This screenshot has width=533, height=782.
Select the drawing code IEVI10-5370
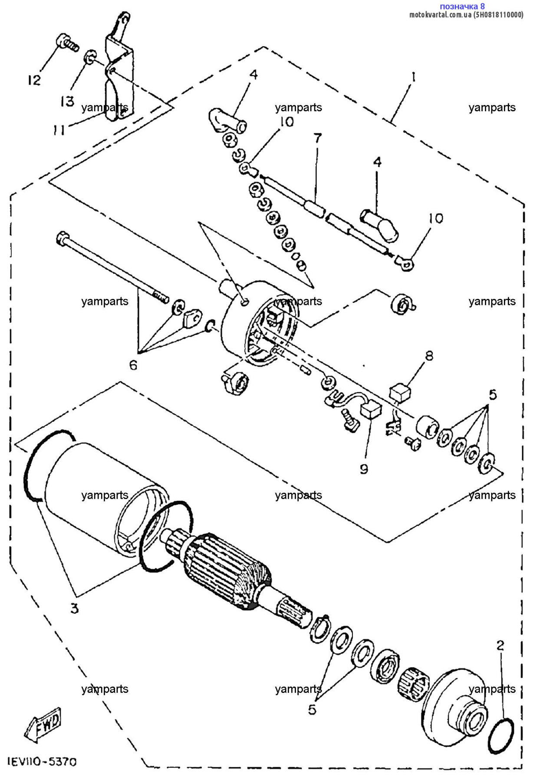coord(42,762)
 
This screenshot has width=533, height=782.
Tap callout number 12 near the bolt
coord(34,80)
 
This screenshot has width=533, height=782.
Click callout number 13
coord(67,101)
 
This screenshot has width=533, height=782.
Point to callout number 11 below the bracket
coord(59,129)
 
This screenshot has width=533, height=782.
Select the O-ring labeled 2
coord(501,736)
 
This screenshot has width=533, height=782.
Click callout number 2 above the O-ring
coord(500,646)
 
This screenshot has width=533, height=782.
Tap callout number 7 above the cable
coord(318,139)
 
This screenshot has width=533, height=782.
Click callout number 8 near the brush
coord(429,356)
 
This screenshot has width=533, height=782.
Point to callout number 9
coord(364,469)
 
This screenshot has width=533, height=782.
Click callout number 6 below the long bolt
coord(133,364)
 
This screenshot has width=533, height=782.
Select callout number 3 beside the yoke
coord(75,608)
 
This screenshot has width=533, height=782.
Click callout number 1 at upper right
coord(413,77)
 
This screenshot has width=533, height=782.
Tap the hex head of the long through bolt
coord(63,239)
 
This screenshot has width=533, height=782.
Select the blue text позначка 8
coord(462,6)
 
